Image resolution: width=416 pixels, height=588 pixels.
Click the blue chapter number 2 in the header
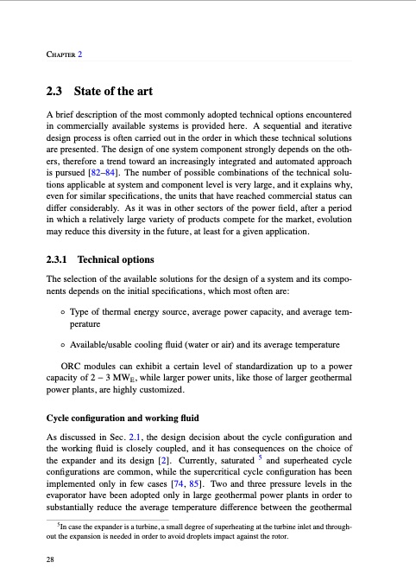[x=80, y=54]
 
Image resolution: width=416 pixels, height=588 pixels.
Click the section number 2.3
[x=57, y=91]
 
